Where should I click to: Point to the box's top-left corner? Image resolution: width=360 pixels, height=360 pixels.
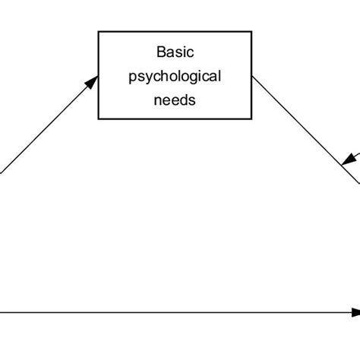click(x=98, y=31)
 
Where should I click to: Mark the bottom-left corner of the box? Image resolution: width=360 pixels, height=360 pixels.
click(x=98, y=119)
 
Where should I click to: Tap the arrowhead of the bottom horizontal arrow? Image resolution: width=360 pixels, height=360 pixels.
click(x=354, y=312)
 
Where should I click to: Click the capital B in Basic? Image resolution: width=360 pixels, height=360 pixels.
click(x=159, y=52)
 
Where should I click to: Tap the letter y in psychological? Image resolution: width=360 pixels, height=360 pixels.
click(x=147, y=77)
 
